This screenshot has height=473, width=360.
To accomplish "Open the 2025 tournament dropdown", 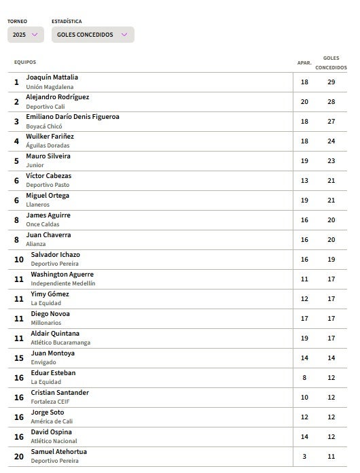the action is coord(26,35).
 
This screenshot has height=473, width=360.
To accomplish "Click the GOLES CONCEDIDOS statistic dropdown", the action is coord(92,35).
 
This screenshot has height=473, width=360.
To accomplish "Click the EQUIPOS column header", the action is coord(25,63).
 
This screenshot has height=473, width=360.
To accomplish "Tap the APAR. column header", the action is coord(304,63).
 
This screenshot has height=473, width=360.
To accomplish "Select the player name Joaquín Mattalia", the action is coord(52,77).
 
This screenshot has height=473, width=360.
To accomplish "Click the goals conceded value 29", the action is coord(331,82).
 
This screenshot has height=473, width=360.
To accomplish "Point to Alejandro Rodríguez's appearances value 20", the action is coord(304,102).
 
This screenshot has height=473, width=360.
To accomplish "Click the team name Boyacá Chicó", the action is coord(44,126).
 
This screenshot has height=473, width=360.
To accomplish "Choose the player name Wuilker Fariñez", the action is coord(50,137).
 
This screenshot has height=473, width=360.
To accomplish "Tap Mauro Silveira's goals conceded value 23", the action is coord(331,161).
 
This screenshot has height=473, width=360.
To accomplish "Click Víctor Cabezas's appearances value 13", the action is coord(304,181).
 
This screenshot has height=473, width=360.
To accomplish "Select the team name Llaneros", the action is coord(37,205).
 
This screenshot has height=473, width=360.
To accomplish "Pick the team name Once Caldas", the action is coord(42,224).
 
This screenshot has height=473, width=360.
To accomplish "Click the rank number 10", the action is coord(19,260).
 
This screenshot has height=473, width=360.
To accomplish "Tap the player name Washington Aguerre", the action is coord(62,275).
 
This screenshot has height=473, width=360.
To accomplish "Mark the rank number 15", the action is coord(19,358).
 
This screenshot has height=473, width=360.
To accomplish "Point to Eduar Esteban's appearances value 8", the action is coord(304,378).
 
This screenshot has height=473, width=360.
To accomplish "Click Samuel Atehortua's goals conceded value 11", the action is coord(331,457).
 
